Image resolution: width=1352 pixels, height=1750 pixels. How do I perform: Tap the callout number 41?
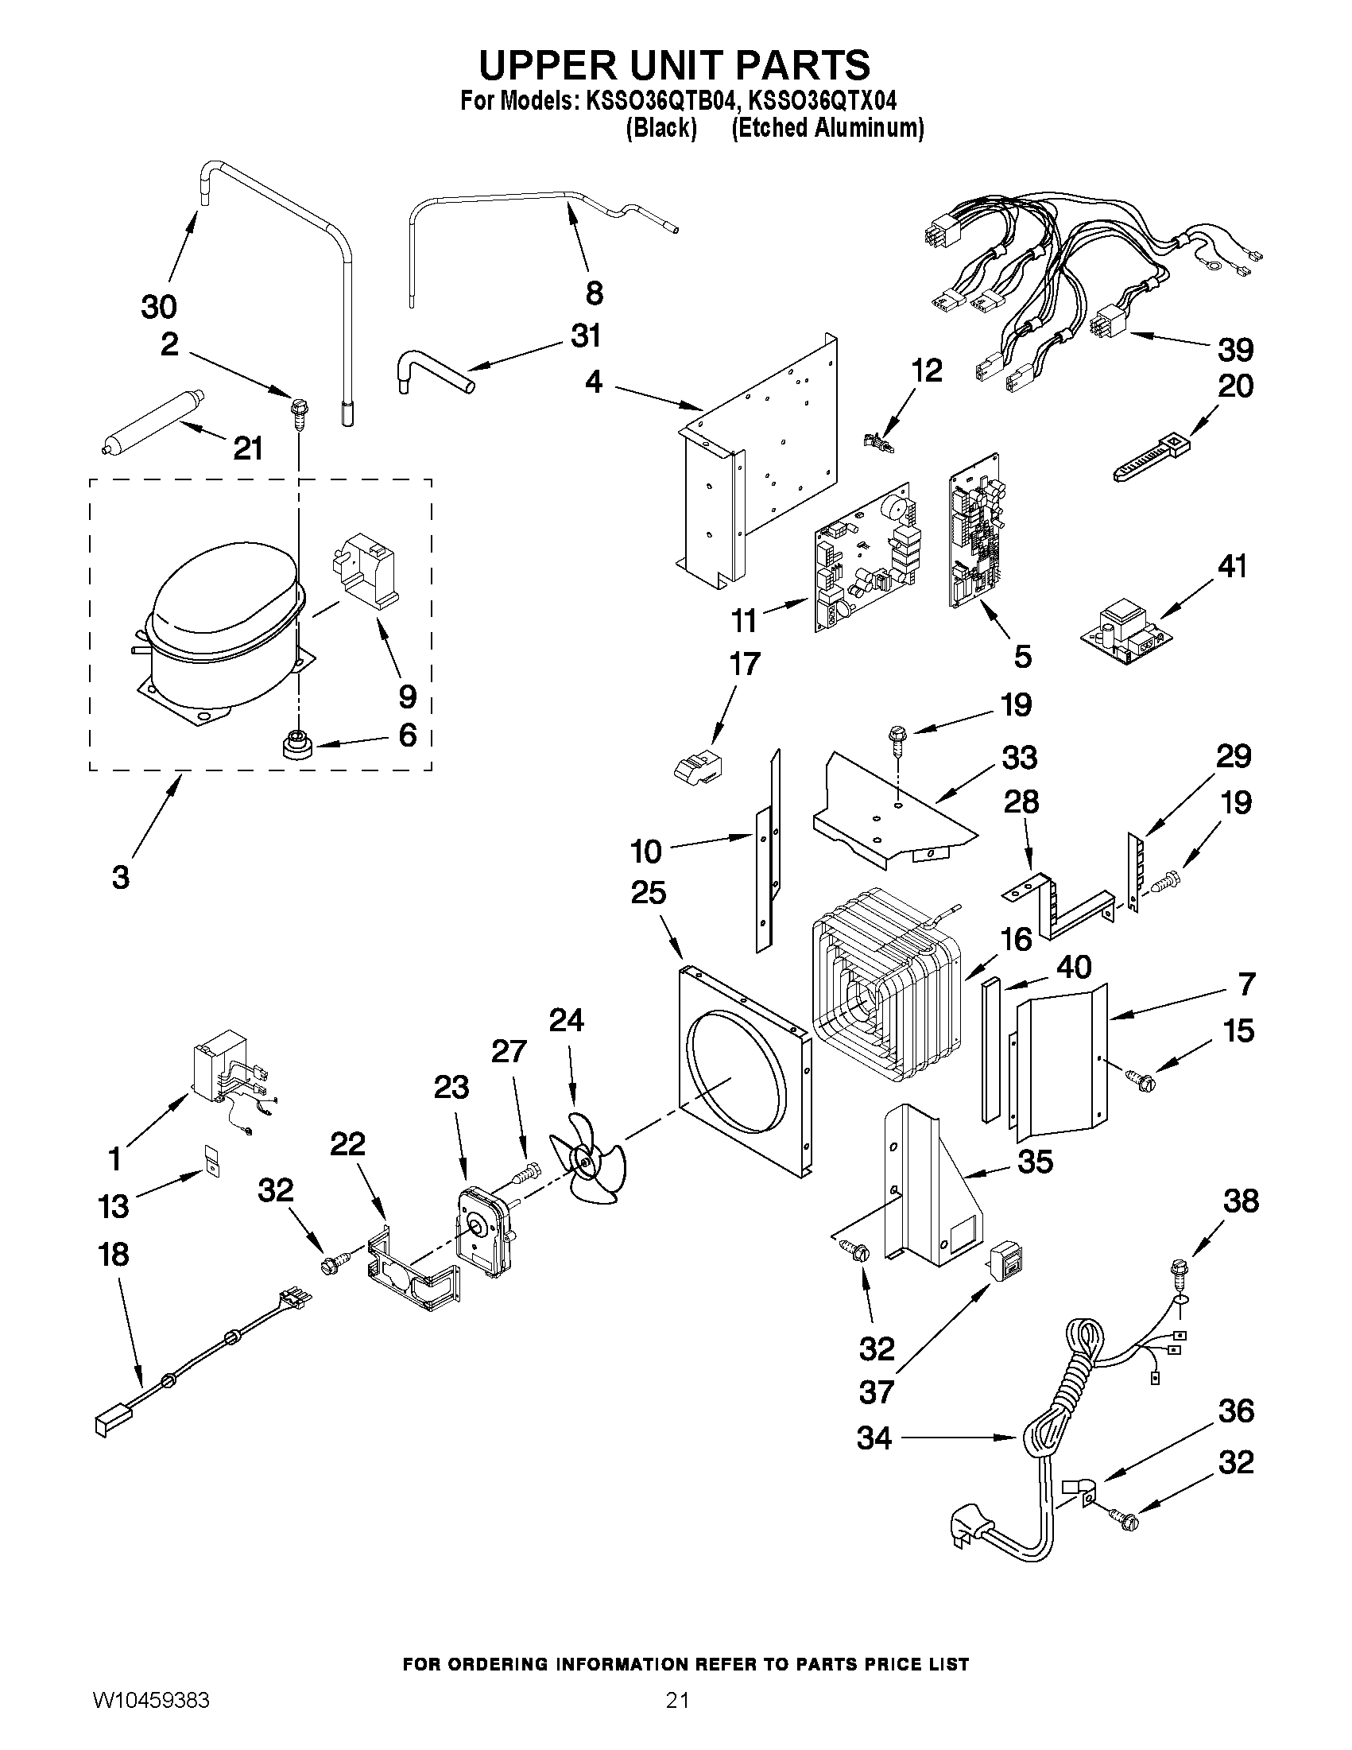(x=1232, y=568)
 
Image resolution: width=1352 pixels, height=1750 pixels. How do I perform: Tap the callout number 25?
(x=649, y=892)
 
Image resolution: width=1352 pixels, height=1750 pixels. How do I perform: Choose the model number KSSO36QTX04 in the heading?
(x=822, y=101)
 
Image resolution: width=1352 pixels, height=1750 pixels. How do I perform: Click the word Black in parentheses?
(x=661, y=128)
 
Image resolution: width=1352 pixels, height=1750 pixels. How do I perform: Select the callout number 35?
(x=1034, y=1162)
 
